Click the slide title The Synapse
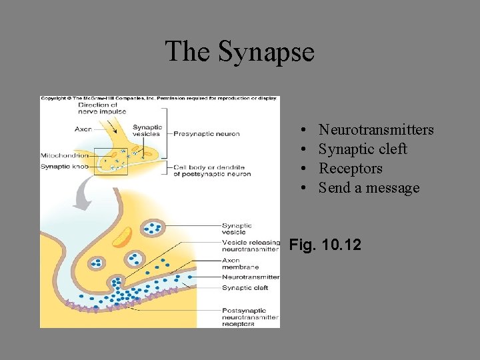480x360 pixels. point(239,51)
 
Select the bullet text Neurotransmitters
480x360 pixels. point(376,130)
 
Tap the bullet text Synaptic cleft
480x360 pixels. point(362,149)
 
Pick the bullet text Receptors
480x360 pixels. point(350,169)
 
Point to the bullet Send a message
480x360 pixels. point(369,188)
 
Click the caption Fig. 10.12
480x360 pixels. point(325,245)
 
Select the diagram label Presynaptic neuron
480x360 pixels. point(206,134)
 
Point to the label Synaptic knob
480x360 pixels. point(65,165)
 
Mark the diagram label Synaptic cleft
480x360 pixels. point(245,288)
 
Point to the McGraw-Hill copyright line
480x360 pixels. point(159,99)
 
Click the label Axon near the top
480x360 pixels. point(83,129)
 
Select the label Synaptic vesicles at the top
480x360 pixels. point(147,130)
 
